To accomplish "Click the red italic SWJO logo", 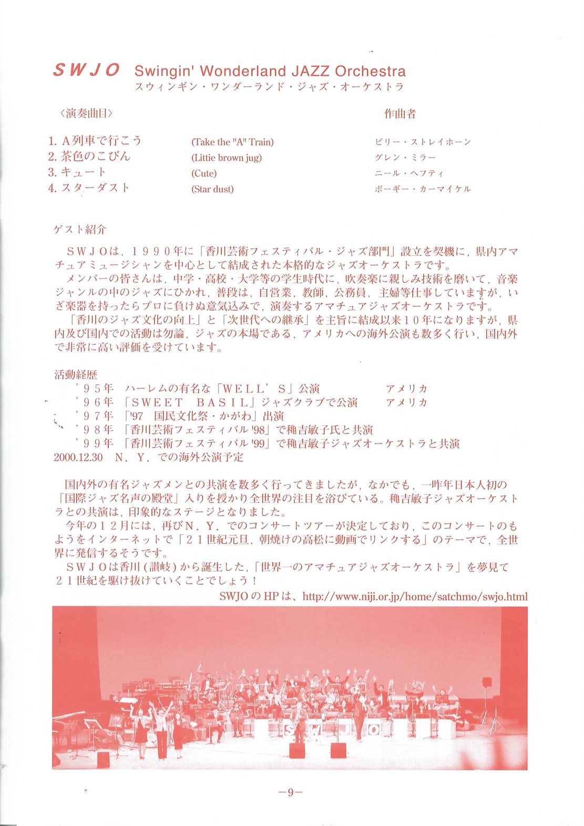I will tap(87, 70).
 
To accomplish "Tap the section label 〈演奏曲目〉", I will tap(86, 113).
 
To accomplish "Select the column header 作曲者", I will tap(400, 113).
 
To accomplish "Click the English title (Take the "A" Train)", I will tap(232, 142).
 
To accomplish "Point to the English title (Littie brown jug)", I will tap(227, 158).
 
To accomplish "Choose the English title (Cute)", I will tap(204, 173).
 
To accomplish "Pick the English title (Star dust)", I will tap(212, 189).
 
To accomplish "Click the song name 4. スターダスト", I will tap(88, 188).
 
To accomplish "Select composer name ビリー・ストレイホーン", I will tap(423, 142).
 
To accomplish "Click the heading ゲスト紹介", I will tap(80, 229).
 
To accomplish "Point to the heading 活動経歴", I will tap(76, 375).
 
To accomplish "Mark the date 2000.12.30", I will tap(78, 457).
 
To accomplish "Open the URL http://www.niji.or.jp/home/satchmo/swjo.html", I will tap(415, 596).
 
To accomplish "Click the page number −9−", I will tap(290, 792).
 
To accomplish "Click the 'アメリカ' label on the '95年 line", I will tap(406, 389).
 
